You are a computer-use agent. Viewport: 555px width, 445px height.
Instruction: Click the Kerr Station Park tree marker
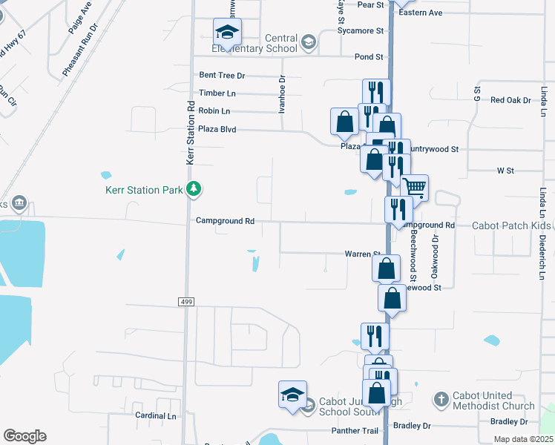tap(194, 189)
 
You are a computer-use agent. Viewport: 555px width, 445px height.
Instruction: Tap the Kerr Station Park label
tap(143, 190)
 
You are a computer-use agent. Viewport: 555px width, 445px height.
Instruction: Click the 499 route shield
tap(186, 301)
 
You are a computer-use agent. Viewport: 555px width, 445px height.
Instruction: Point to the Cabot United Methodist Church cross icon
tap(441, 399)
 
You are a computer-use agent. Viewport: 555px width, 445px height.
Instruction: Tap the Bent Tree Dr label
tap(222, 76)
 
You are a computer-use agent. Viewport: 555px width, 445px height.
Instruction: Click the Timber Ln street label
tap(217, 93)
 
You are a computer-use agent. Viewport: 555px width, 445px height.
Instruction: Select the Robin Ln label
tap(214, 111)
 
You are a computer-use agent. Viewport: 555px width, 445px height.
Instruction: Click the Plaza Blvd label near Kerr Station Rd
tap(217, 130)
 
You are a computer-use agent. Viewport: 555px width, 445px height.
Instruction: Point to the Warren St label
tap(362, 254)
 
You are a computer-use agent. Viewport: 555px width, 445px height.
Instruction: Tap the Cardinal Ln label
tap(156, 416)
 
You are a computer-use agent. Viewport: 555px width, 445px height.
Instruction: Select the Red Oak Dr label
tap(507, 100)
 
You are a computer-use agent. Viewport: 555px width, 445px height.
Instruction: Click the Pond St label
tap(369, 57)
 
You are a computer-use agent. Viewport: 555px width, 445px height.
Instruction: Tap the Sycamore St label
tap(360, 31)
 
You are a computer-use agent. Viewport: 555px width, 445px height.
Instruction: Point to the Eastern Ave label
tap(420, 13)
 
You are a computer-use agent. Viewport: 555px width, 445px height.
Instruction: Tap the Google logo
tap(24, 436)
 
